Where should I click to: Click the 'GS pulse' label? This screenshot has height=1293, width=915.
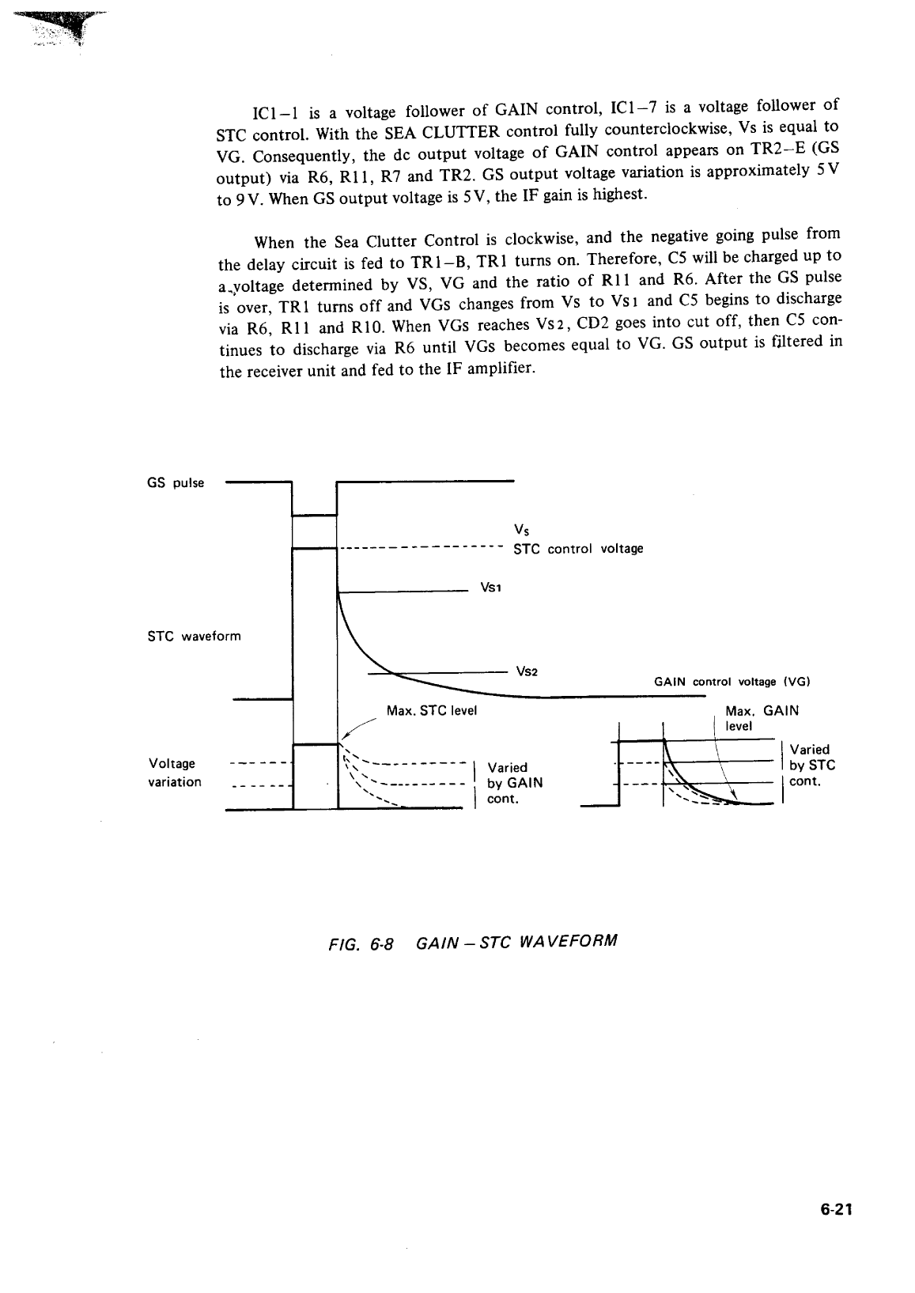(176, 483)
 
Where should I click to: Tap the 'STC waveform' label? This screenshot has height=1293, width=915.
(194, 636)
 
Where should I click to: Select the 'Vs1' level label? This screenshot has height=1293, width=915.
(491, 589)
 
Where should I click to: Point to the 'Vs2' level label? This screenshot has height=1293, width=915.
(527, 671)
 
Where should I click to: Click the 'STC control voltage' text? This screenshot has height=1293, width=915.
(578, 548)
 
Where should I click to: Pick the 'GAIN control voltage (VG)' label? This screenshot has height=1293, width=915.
(732, 682)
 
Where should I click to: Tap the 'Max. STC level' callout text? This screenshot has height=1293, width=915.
(431, 710)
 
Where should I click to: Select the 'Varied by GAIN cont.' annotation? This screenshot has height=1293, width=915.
(515, 783)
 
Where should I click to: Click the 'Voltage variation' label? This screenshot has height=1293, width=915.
(174, 773)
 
